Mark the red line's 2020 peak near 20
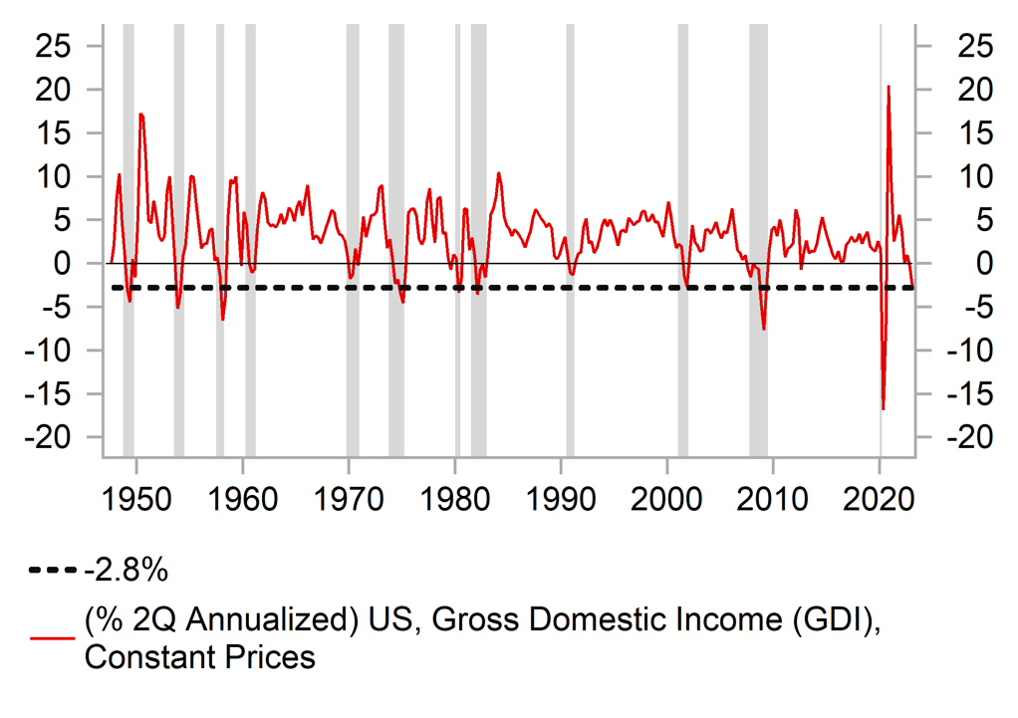pos(888,87)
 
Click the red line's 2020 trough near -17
pos(883,408)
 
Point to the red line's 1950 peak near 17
pos(140,115)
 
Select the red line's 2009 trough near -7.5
pos(764,329)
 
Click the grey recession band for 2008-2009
pos(758,249)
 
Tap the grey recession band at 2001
pos(682,249)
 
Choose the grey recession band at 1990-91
pos(570,249)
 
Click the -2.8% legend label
pos(127,572)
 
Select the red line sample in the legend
pos(53,637)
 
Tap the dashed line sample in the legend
pos(53,572)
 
